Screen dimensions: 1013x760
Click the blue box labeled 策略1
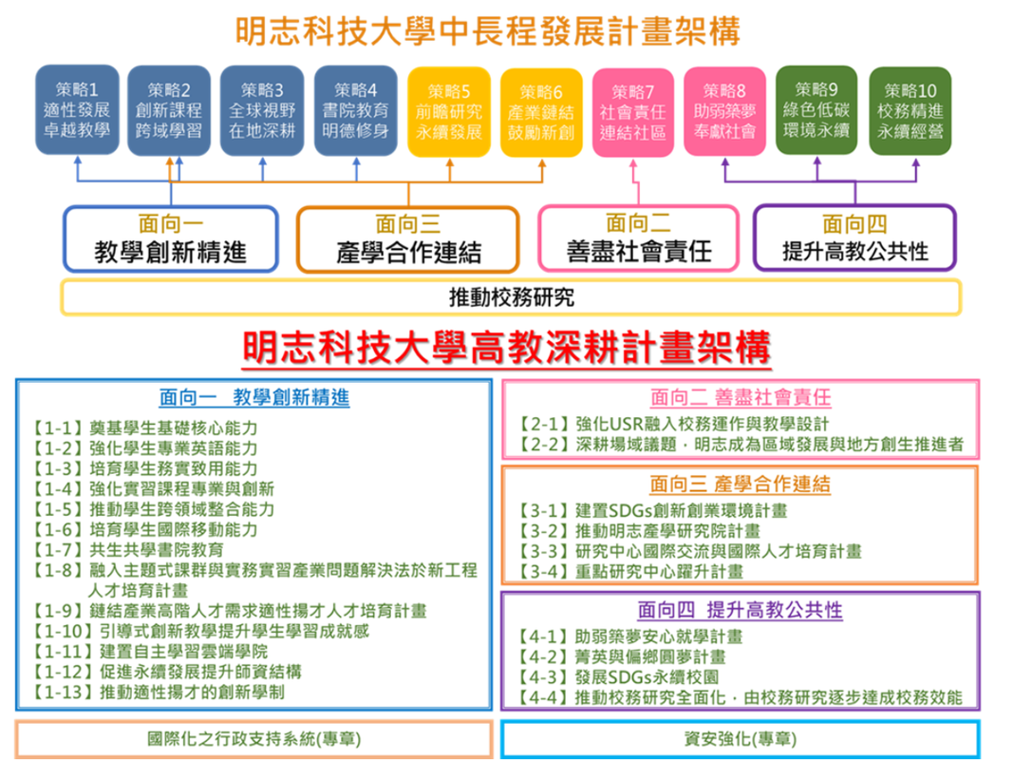pyautogui.click(x=78, y=110)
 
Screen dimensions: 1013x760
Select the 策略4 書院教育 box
pyautogui.click(x=356, y=110)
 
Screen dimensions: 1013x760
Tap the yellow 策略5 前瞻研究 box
pyautogui.click(x=449, y=112)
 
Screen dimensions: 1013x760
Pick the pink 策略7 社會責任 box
pyautogui.click(x=633, y=112)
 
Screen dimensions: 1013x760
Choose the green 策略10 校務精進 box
pyautogui.click(x=910, y=111)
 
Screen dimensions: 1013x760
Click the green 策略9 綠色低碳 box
pyautogui.click(x=816, y=110)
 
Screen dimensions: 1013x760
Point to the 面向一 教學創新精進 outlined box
pyautogui.click(x=171, y=238)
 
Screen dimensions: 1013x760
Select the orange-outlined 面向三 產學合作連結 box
pyautogui.click(x=408, y=239)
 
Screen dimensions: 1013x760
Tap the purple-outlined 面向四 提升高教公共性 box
pyautogui.click(x=854, y=237)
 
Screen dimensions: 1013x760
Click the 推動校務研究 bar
pyautogui.click(x=511, y=297)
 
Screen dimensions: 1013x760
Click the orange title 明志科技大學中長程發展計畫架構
pyautogui.click(x=488, y=31)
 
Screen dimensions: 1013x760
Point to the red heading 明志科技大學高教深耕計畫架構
pyautogui.click(x=507, y=348)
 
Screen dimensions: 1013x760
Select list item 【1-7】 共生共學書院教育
pyautogui.click(x=128, y=550)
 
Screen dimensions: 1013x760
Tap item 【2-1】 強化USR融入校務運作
pyautogui.click(x=673, y=424)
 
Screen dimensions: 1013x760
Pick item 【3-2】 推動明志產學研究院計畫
pyautogui.click(x=640, y=531)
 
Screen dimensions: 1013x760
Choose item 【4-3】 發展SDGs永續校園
pyautogui.click(x=618, y=676)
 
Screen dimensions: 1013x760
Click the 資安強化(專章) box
pyautogui.click(x=741, y=739)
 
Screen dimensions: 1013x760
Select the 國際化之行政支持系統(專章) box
pyautogui.click(x=253, y=739)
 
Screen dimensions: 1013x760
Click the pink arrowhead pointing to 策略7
pyautogui.click(x=633, y=163)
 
